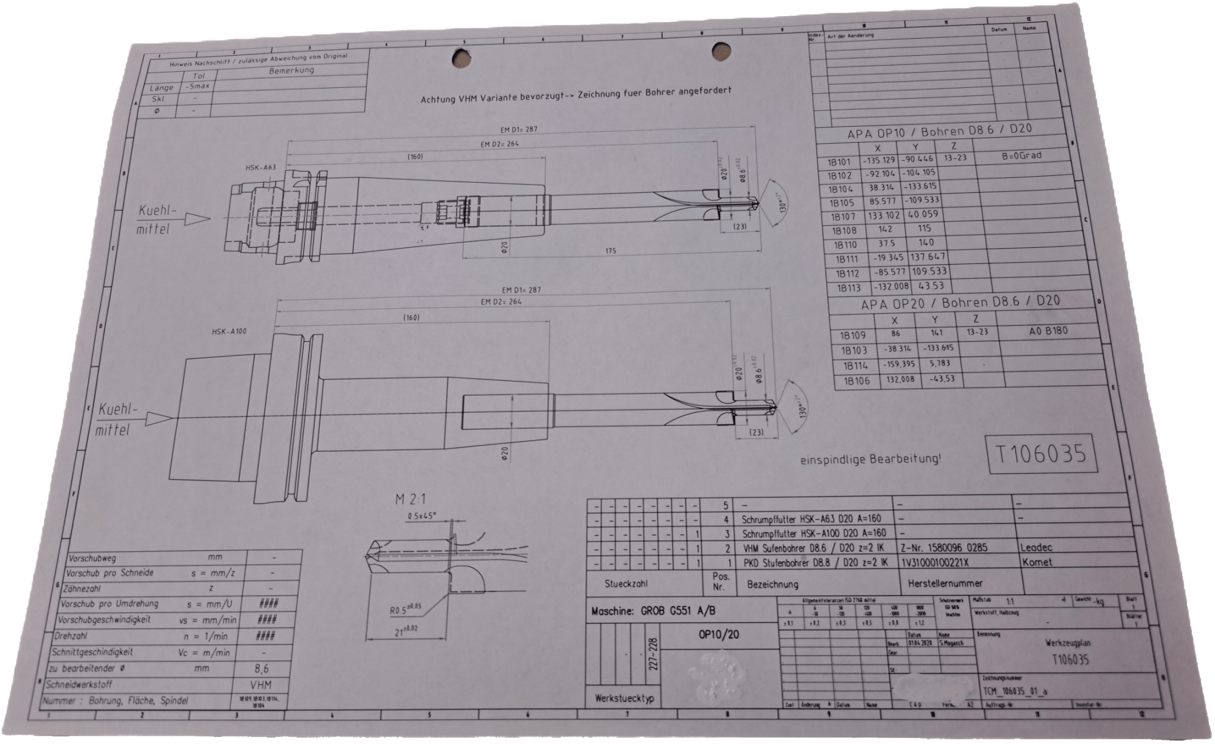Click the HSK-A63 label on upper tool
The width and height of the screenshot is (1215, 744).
click(x=261, y=167)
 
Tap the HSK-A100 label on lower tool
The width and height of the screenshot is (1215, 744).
click(x=229, y=331)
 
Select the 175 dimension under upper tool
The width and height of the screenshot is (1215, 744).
click(x=610, y=250)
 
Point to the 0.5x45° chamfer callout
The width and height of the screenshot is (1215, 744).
click(x=422, y=516)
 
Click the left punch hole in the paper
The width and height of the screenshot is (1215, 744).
click(x=462, y=58)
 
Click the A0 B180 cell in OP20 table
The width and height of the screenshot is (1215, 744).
click(x=1048, y=331)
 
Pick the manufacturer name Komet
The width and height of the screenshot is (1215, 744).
click(x=1037, y=561)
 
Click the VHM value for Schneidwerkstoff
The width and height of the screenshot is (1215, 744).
click(x=262, y=684)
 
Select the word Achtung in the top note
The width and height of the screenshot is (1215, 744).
click(x=438, y=100)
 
